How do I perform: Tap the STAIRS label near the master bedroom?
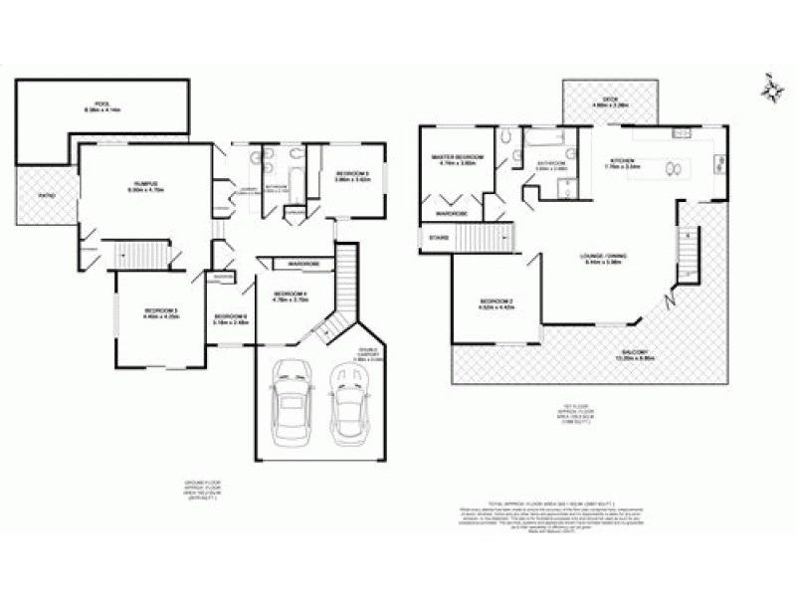[x=438, y=238]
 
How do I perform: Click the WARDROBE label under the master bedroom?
[x=452, y=213]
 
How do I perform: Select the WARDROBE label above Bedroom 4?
[x=302, y=264]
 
